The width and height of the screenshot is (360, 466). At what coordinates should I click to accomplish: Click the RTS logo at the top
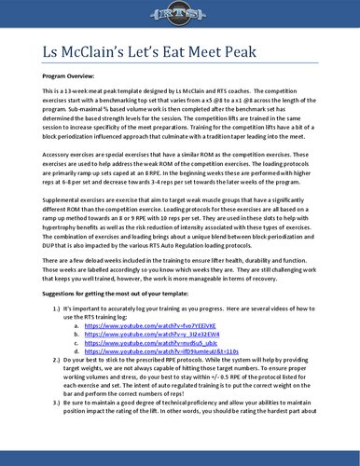point(180,19)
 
